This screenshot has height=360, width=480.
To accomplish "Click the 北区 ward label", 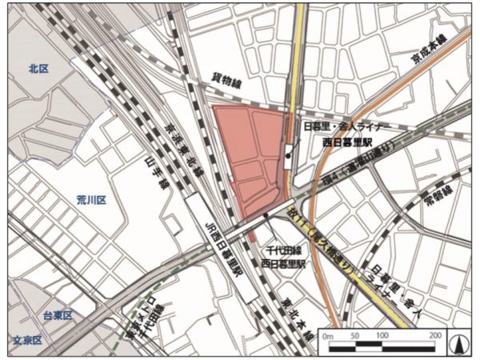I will click(x=38, y=70).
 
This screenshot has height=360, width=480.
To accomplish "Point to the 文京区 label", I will click(x=26, y=341).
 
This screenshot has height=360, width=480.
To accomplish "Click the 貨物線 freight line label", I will click(x=226, y=80).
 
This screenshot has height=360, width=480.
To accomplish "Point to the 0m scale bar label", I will click(x=330, y=336).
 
